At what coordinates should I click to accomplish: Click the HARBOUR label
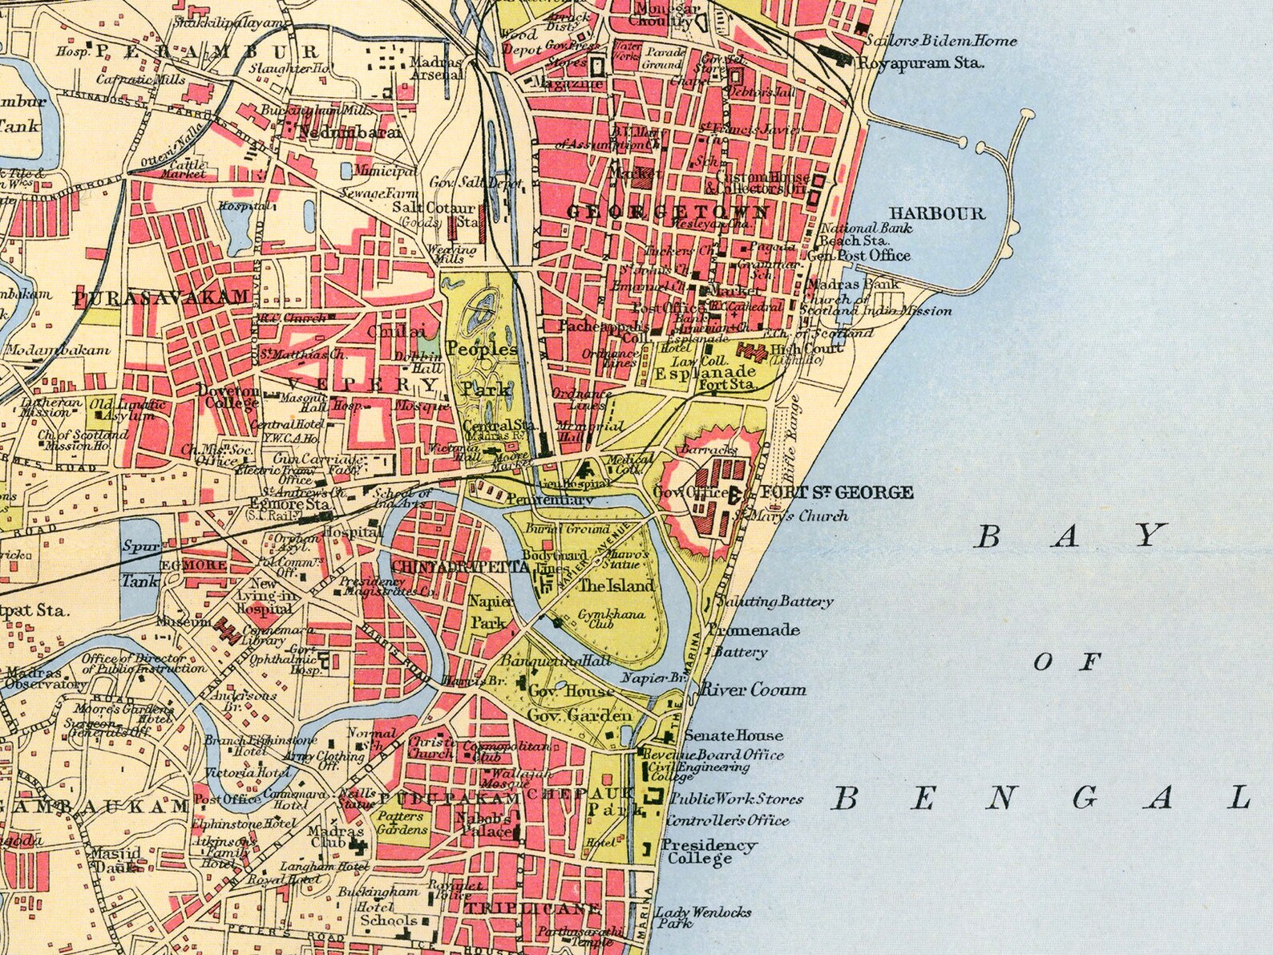[936, 213]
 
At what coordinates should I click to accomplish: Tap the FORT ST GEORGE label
[836, 492]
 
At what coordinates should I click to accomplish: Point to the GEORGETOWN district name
[668, 212]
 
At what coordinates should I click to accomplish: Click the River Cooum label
[754, 689]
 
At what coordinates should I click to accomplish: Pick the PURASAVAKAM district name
[162, 298]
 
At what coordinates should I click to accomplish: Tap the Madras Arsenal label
[436, 68]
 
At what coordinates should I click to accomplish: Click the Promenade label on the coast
[754, 630]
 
